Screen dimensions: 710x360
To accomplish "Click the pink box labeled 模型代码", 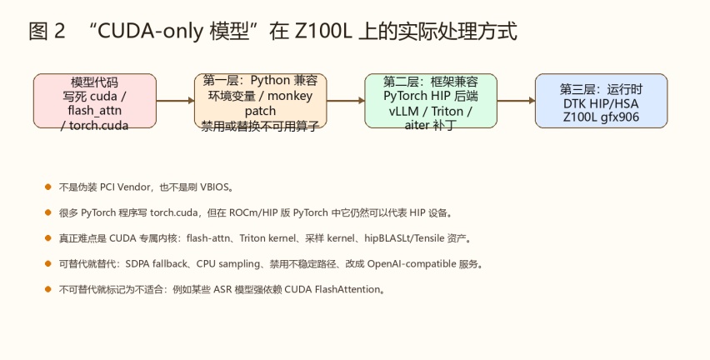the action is point(95,101).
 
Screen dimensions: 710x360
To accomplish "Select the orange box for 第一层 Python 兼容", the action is point(260,101).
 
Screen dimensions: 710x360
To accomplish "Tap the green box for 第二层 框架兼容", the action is point(431,101).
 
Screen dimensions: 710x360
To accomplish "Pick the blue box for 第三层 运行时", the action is point(602,101).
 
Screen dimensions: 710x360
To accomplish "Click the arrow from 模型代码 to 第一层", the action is point(176,101).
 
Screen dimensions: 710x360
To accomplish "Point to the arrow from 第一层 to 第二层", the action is point(346,101).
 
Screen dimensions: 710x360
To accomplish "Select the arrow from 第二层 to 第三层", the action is point(516,101).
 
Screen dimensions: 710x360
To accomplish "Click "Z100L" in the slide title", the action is point(323,31).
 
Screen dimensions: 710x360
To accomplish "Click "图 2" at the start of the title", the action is point(47,31).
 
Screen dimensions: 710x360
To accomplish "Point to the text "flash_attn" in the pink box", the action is point(95,111).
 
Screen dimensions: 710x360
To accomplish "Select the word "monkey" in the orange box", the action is point(290,96).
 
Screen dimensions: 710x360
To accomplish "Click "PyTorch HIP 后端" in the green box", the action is point(431,96).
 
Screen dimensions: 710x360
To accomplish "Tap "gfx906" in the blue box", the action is point(620,117).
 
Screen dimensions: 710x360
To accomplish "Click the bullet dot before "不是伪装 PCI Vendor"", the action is point(48,187).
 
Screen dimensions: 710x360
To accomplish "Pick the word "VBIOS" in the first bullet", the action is point(215,187).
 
